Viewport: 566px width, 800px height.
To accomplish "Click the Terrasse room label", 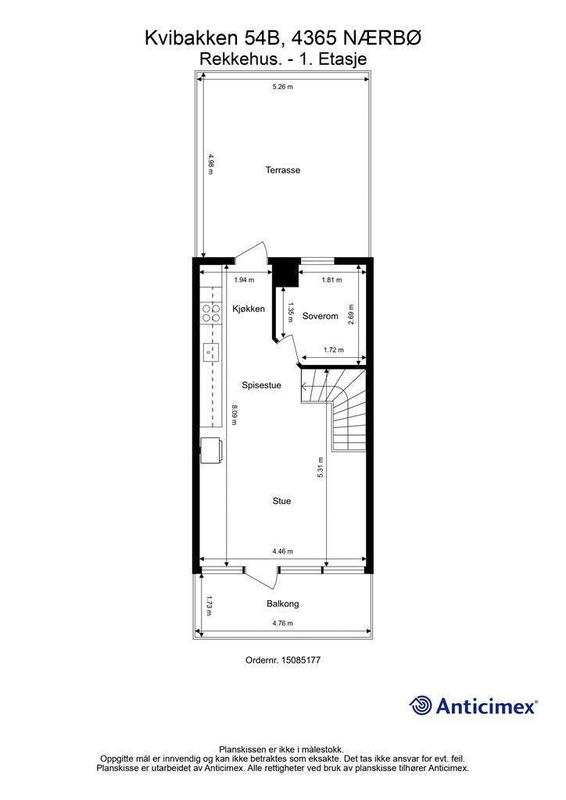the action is [x=283, y=170].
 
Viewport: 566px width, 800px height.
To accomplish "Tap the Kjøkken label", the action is [x=249, y=309].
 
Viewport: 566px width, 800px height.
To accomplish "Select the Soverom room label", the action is [x=320, y=316].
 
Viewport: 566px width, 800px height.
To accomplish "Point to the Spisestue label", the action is [x=261, y=385].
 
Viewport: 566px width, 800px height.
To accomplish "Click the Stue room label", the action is [x=281, y=501].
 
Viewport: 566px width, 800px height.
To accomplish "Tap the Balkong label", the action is [x=283, y=604].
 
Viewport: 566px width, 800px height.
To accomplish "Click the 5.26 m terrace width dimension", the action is [x=283, y=87].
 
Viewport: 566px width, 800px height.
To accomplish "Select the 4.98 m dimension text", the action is [x=210, y=164].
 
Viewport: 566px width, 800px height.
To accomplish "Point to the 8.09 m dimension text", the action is [x=235, y=415].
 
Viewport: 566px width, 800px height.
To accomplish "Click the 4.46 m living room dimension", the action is [x=283, y=551].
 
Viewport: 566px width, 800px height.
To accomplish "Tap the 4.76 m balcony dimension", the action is [x=283, y=623].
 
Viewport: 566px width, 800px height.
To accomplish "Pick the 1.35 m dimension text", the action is [x=290, y=312].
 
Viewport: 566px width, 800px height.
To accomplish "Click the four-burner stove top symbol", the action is [x=211, y=312].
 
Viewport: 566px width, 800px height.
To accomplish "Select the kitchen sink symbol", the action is [x=211, y=351].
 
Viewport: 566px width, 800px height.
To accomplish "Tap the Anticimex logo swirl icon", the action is [x=421, y=705].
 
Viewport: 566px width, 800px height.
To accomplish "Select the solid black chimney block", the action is [x=285, y=275].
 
